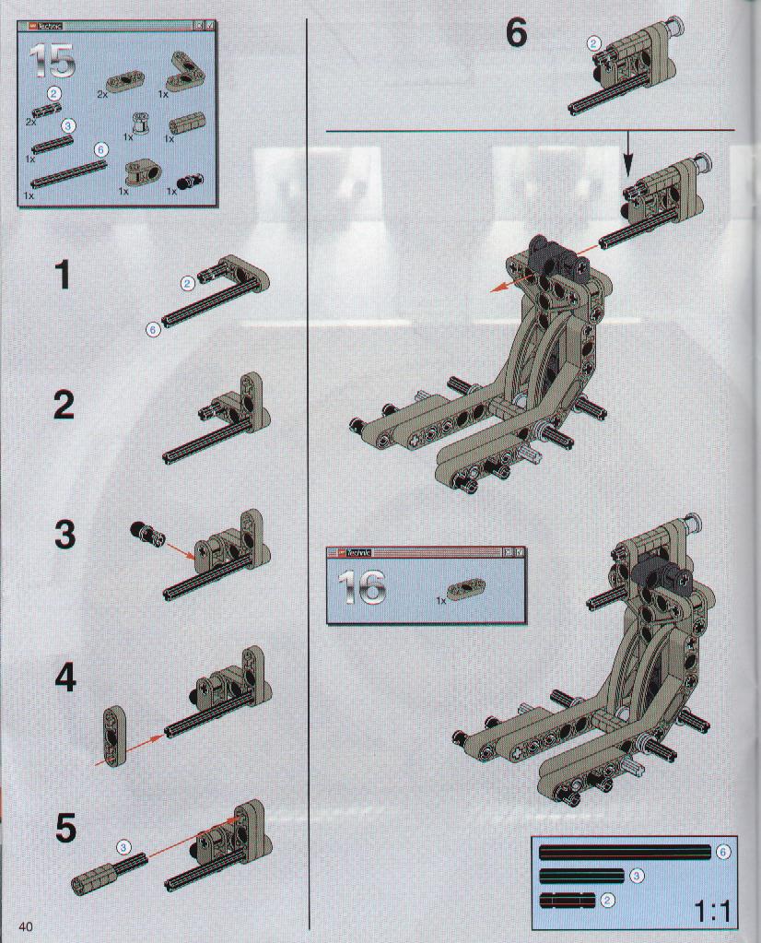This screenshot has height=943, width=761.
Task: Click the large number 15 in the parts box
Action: point(53,60)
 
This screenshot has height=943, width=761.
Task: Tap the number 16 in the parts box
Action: point(361,587)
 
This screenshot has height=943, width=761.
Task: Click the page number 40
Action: point(25,926)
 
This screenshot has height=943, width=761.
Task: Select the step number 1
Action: point(63,276)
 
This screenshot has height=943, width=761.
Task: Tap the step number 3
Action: point(64,534)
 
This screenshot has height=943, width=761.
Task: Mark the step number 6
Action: point(516,33)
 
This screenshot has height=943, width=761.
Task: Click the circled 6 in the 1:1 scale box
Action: point(723,852)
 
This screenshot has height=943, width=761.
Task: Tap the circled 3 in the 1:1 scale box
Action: point(637,876)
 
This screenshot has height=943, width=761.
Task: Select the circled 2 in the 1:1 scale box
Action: point(608,900)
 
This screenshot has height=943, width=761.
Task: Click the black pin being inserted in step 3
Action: point(144,532)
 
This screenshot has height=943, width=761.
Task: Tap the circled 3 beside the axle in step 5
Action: point(123,847)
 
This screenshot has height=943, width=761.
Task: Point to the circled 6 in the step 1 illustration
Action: point(154,329)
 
